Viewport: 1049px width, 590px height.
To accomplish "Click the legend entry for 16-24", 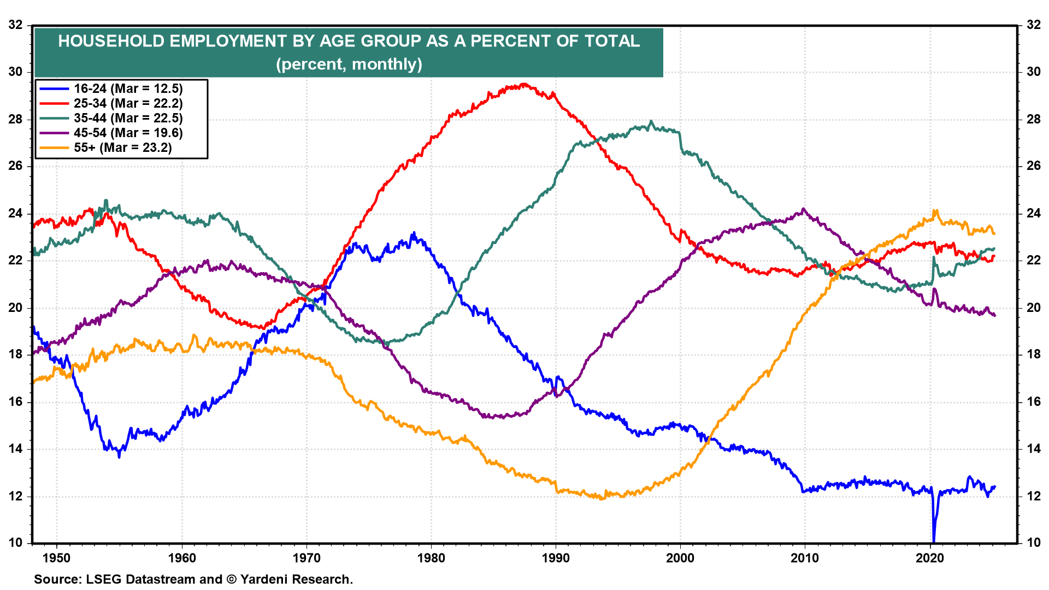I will click(128, 88).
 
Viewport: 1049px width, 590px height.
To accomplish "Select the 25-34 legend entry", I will click(128, 103).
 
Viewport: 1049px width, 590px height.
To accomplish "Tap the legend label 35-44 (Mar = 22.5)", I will click(128, 118).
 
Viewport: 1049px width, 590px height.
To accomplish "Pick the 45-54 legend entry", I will click(128, 133).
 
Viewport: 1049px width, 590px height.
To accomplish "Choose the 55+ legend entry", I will click(122, 147).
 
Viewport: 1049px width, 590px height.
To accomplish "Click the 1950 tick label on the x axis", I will click(57, 558).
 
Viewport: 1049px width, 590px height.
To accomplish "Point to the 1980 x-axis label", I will click(431, 558).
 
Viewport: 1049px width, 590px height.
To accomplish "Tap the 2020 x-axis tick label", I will click(930, 558).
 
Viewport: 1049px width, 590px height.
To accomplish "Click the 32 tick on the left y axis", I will click(16, 25).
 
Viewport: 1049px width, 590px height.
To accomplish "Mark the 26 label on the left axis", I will click(16, 166).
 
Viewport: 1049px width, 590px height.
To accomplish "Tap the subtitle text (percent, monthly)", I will click(349, 64).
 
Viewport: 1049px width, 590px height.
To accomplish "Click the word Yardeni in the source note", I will click(266, 579).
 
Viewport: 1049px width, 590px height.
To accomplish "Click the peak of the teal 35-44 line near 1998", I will click(651, 122).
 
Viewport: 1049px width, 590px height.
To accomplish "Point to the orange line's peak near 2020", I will click(936, 210).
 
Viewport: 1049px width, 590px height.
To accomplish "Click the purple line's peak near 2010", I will click(803, 209).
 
